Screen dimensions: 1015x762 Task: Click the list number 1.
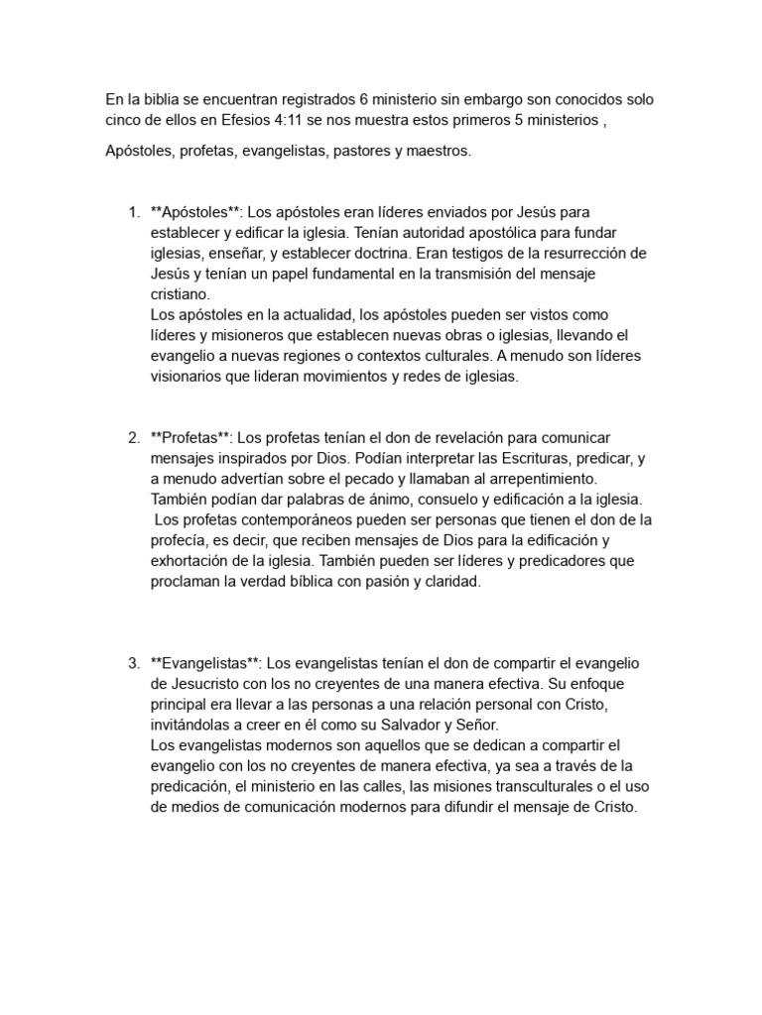[133, 212]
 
